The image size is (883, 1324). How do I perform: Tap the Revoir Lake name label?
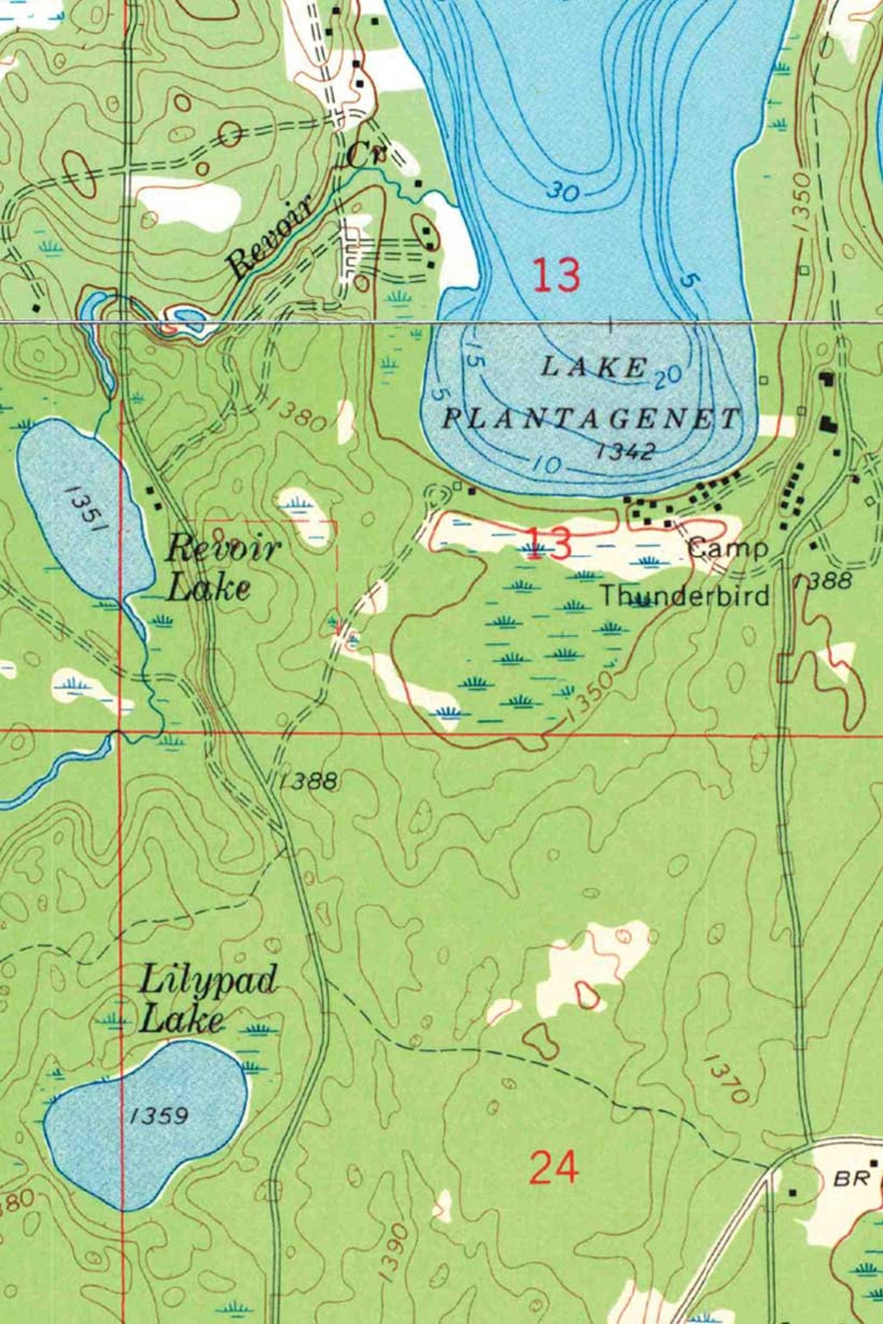coord(222,568)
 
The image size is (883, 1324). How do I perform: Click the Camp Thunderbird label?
coord(685,572)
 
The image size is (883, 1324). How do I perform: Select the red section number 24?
coord(554,1167)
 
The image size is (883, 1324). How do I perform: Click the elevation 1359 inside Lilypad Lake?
coord(158,1115)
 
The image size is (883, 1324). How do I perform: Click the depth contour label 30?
coord(564,190)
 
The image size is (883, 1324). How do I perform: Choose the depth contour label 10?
coord(546,464)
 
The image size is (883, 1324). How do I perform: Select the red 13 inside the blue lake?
coord(555,275)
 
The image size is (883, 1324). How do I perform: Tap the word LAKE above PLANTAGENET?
coord(593,366)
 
